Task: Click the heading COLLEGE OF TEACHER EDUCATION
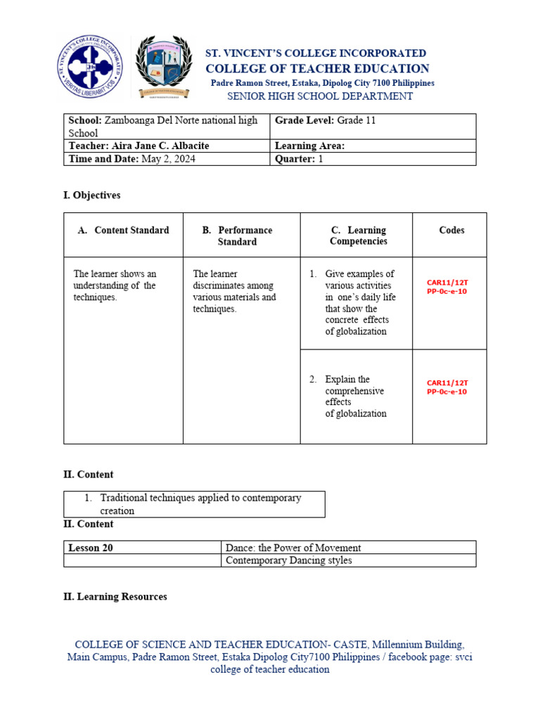[317, 68]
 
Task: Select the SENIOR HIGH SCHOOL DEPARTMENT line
[319, 96]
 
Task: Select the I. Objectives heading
[92, 195]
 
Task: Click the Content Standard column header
[124, 230]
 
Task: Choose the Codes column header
[451, 230]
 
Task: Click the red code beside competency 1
[447, 287]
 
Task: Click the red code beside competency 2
[447, 387]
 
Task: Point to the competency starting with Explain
[355, 396]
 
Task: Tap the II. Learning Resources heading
[115, 596]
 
